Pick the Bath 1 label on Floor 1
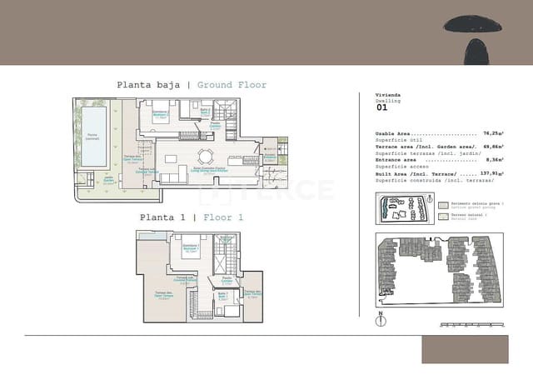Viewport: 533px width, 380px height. click(x=223, y=296)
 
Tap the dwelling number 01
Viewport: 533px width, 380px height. click(x=381, y=107)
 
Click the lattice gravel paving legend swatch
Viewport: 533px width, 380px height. click(x=443, y=202)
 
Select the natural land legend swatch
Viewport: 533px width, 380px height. click(x=443, y=216)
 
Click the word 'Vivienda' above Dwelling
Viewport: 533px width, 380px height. click(x=388, y=96)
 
